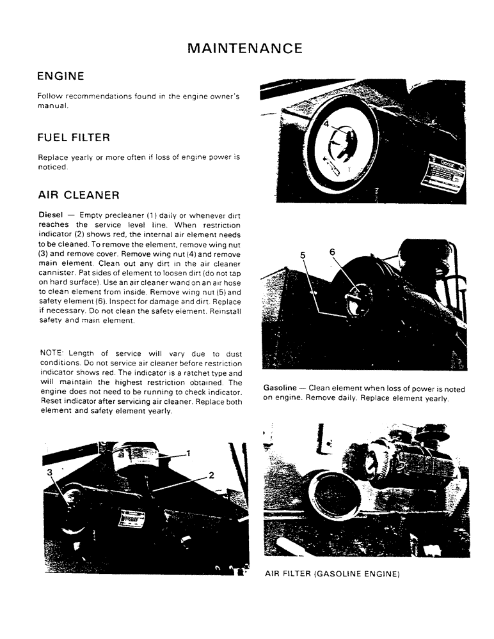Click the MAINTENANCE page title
(246, 48)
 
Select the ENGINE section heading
(61, 77)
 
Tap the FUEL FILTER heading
(74, 137)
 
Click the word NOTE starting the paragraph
(52, 353)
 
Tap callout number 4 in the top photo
(325, 126)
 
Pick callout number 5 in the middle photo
(303, 254)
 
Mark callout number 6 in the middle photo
(332, 252)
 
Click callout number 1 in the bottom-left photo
(189, 453)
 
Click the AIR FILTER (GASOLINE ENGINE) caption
(332, 574)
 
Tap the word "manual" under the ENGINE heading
(52, 105)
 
